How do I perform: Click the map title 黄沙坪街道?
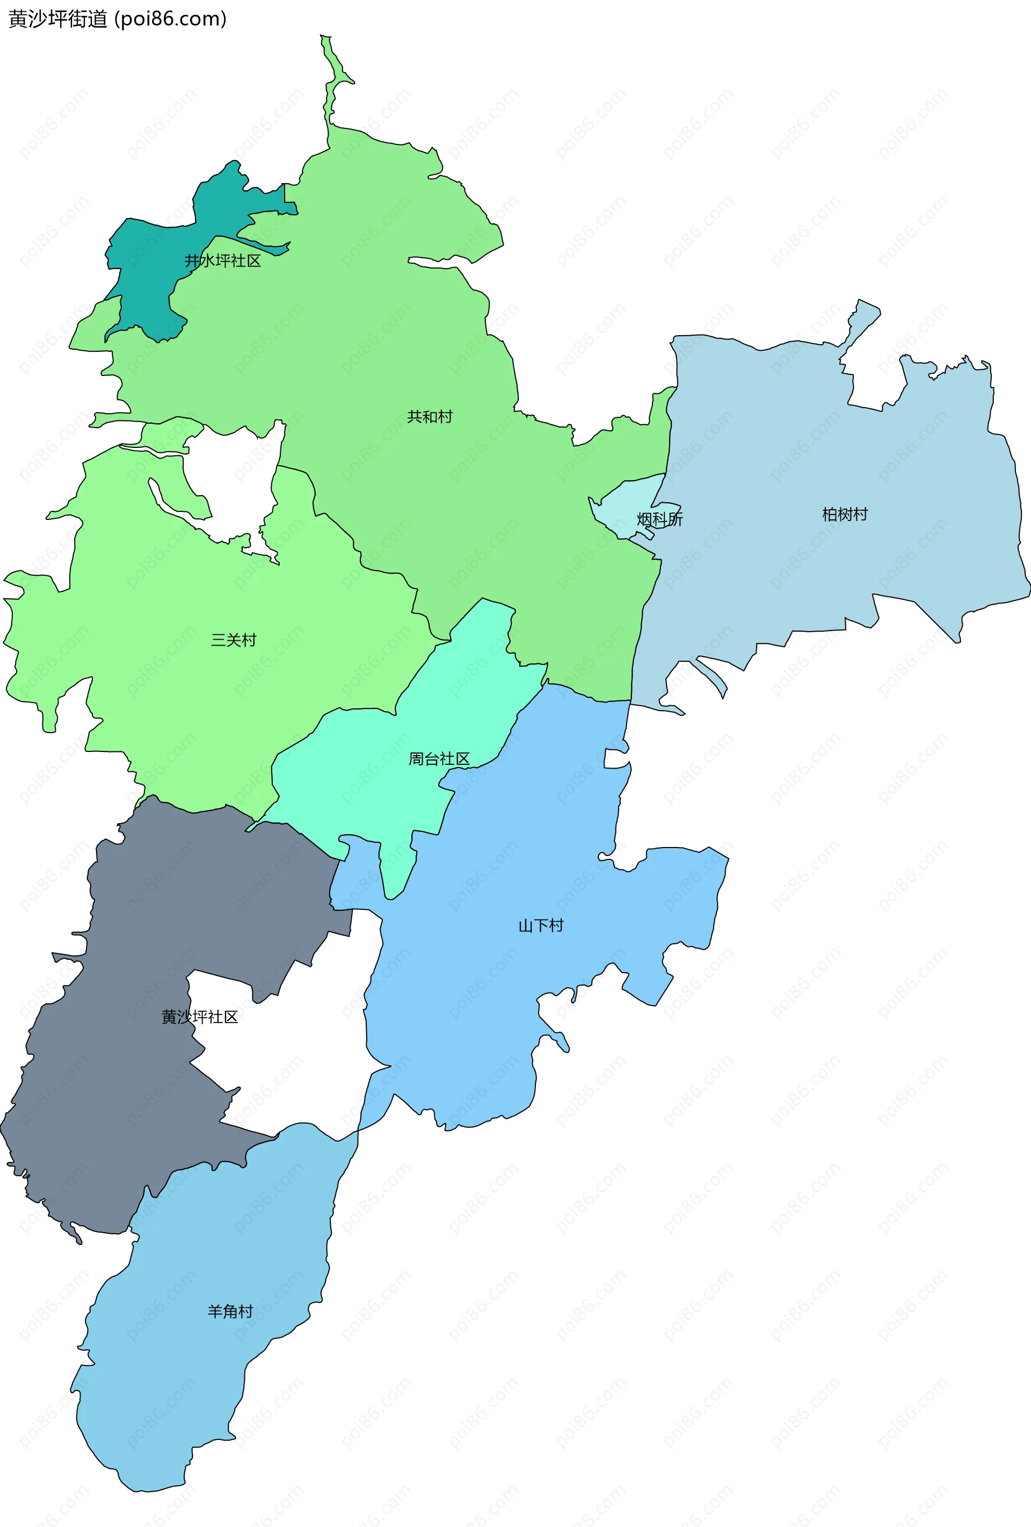58,18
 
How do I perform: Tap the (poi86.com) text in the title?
171,18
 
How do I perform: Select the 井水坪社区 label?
223,261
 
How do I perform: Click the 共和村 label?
430,417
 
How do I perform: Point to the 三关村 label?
233,640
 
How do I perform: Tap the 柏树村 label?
845,515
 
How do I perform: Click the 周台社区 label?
439,759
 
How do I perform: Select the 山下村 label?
541,926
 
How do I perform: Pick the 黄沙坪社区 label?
200,1017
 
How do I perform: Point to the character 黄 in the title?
18,18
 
